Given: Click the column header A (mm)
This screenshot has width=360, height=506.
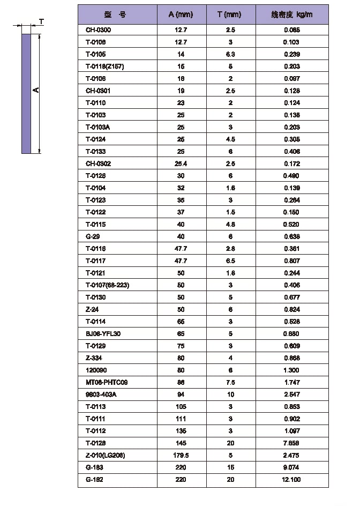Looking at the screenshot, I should (180, 14).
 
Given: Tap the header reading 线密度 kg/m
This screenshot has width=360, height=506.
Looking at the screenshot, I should (292, 14).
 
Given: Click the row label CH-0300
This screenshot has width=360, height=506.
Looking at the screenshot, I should (98, 30).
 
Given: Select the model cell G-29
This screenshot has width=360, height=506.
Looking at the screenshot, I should (93, 236).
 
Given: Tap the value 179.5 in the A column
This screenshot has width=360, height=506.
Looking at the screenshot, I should (181, 455).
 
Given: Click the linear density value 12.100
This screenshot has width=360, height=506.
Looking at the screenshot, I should (292, 480).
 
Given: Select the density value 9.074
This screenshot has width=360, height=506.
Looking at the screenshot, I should (292, 467).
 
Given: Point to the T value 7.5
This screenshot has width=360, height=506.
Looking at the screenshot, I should (229, 382).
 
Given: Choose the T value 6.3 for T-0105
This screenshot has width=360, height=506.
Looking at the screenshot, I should (229, 54).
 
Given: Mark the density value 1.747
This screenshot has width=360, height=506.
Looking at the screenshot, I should (292, 382).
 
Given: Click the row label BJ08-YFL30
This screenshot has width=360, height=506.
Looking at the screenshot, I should (103, 334).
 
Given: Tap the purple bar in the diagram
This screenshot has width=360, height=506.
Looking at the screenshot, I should (26, 94).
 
